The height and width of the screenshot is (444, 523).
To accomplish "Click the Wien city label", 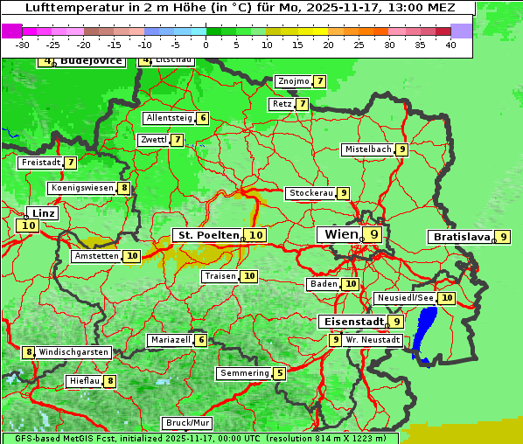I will (x=340, y=234).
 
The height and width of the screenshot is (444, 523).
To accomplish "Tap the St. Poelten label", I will (x=207, y=235).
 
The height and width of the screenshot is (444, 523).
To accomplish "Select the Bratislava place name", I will (x=460, y=237).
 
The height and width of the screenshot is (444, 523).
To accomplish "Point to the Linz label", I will (x=43, y=213).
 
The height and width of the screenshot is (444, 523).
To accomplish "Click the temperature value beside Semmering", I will (x=279, y=373).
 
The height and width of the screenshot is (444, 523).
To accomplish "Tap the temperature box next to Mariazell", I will (x=201, y=340).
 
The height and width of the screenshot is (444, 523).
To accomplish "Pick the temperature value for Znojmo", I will (x=320, y=81).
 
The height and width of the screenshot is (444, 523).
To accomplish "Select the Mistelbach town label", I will (x=367, y=149).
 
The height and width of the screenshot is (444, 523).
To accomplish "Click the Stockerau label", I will (x=310, y=193).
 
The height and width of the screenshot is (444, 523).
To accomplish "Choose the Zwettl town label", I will (x=152, y=140).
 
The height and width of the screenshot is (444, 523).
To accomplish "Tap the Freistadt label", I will (x=40, y=163).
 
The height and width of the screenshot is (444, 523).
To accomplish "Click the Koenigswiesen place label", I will (x=81, y=188).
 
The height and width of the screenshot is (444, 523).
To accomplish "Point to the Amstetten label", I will (x=96, y=256).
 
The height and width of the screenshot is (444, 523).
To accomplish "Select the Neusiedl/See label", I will (x=404, y=298).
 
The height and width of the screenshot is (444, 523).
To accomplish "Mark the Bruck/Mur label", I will (x=187, y=423).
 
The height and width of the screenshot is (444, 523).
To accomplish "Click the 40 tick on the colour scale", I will (x=450, y=45).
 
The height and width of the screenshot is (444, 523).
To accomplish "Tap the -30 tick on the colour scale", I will (x=24, y=45).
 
